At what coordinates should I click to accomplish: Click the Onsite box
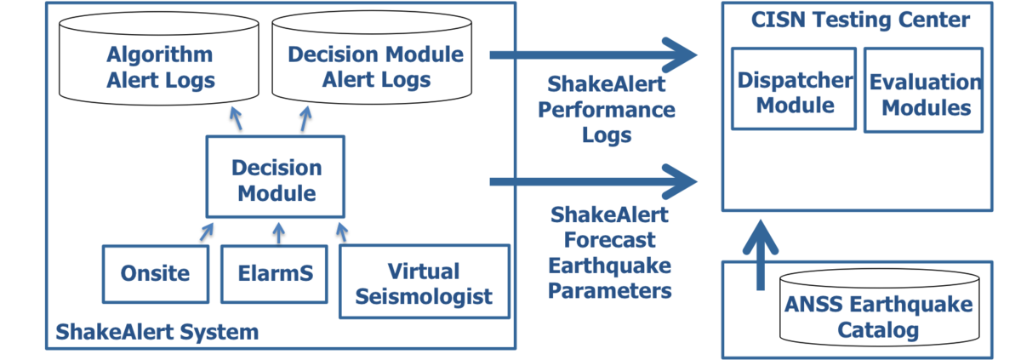tap(155, 273)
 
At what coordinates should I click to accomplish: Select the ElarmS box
tap(274, 273)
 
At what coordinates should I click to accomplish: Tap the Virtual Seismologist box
tap(424, 282)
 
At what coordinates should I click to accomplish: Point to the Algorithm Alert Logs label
tap(159, 67)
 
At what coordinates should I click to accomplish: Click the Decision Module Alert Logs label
tap(375, 67)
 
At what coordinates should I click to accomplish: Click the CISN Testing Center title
tap(859, 20)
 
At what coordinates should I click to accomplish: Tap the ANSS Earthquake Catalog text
tap(879, 317)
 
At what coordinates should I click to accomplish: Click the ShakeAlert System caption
tap(157, 331)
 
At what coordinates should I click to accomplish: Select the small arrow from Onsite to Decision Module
tap(207, 231)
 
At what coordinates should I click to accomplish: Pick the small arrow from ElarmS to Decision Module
tap(277, 231)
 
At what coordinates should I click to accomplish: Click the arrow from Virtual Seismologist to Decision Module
tap(343, 231)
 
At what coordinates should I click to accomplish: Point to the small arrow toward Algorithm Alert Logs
tap(237, 118)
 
